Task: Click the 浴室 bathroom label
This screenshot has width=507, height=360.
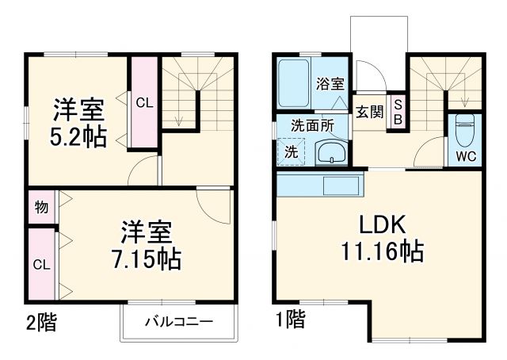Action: [x=330, y=82]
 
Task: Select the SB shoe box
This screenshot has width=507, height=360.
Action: [x=398, y=111]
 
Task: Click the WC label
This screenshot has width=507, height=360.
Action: [x=466, y=155]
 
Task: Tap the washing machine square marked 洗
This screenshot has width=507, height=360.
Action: [x=291, y=151]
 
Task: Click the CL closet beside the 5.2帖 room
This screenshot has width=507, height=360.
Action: [x=143, y=101]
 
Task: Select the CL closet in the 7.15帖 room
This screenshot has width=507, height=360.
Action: [x=40, y=263]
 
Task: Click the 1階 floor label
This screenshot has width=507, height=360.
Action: [x=291, y=321]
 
